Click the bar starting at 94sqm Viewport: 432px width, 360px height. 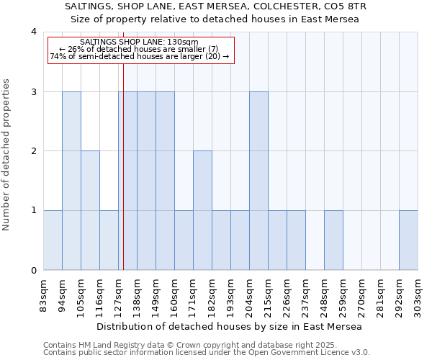coord(71,181)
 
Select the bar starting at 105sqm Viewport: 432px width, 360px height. coord(90,210)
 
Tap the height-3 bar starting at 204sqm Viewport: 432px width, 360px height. coord(258,181)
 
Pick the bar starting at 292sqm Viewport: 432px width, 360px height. coord(408,240)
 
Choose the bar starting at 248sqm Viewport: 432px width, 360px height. coord(333,240)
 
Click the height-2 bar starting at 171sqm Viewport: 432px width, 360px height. coord(202,210)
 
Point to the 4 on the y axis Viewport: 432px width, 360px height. coord(33,32)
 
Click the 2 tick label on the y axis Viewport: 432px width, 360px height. coord(33,151)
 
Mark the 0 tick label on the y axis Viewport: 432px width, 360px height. coord(33,271)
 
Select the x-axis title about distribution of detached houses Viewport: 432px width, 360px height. coord(229,326)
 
